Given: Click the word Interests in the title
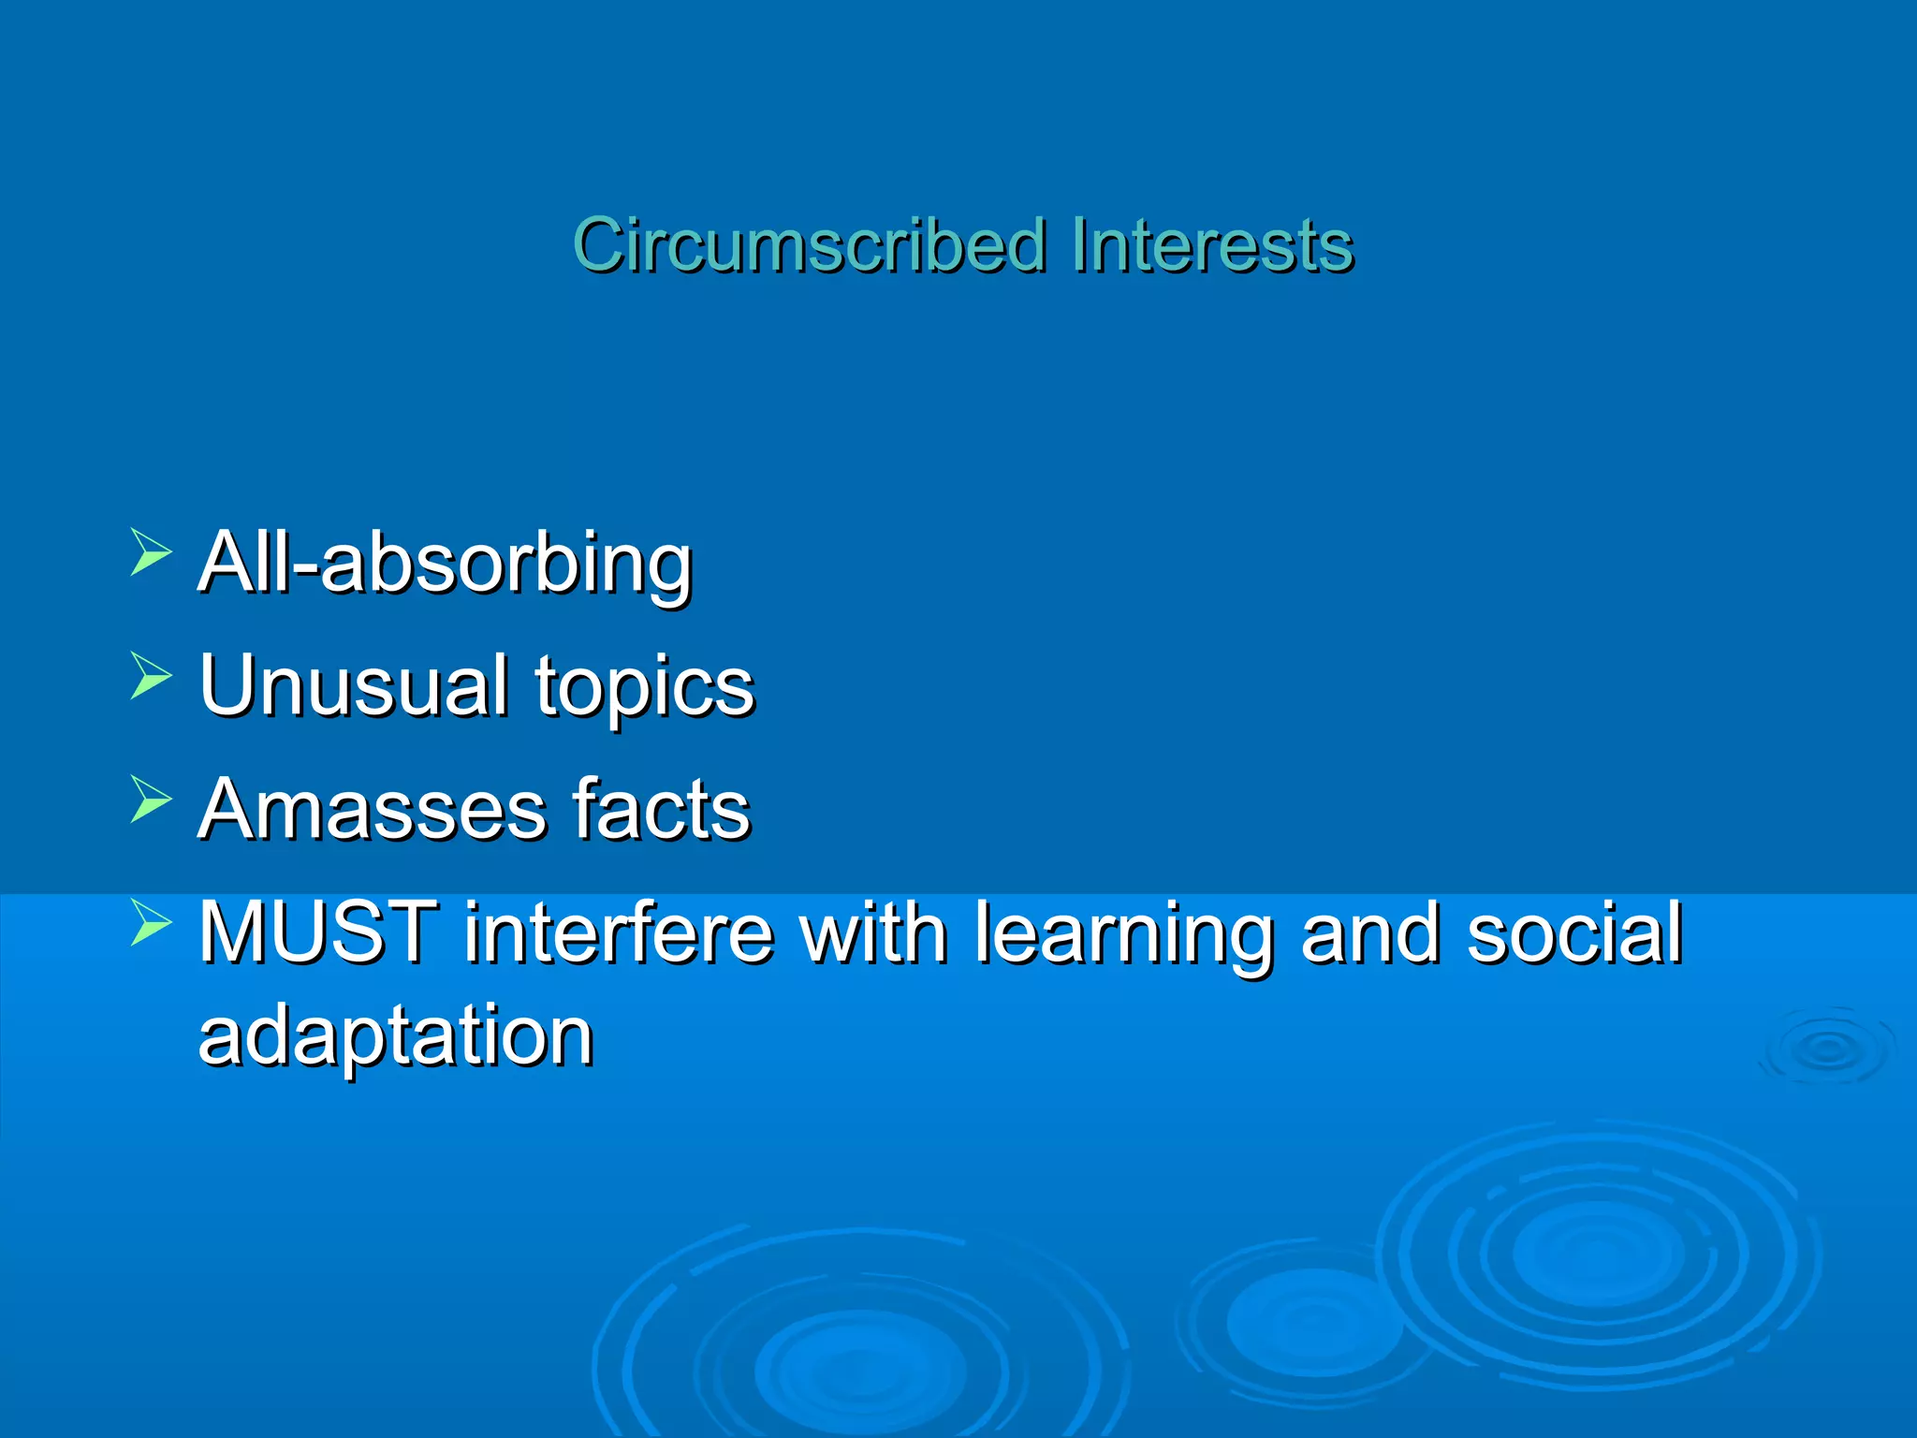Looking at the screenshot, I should [x=1212, y=245].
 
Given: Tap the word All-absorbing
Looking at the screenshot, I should [x=445, y=563].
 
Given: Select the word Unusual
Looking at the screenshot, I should [x=354, y=685].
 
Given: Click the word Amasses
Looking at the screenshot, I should [x=372, y=809].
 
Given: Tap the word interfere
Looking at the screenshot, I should [x=619, y=932].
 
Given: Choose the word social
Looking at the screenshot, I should [x=1574, y=932].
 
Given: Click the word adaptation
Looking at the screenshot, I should [x=396, y=1037].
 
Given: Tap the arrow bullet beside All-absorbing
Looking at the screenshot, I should [x=150, y=552].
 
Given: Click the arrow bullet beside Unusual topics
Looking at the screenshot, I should [x=150, y=676].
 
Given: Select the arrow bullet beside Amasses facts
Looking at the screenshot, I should [x=150, y=799].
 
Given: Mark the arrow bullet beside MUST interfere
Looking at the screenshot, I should [x=150, y=922].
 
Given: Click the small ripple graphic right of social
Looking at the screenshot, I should [x=1826, y=1049].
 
